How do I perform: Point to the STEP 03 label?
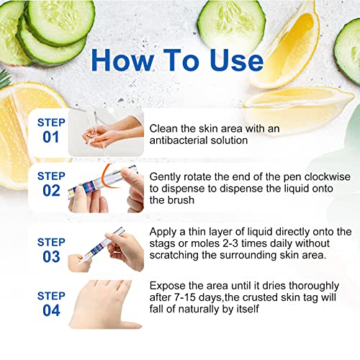click(51, 248)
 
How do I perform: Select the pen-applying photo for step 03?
click(104, 248)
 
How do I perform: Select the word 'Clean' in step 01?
click(165, 127)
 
